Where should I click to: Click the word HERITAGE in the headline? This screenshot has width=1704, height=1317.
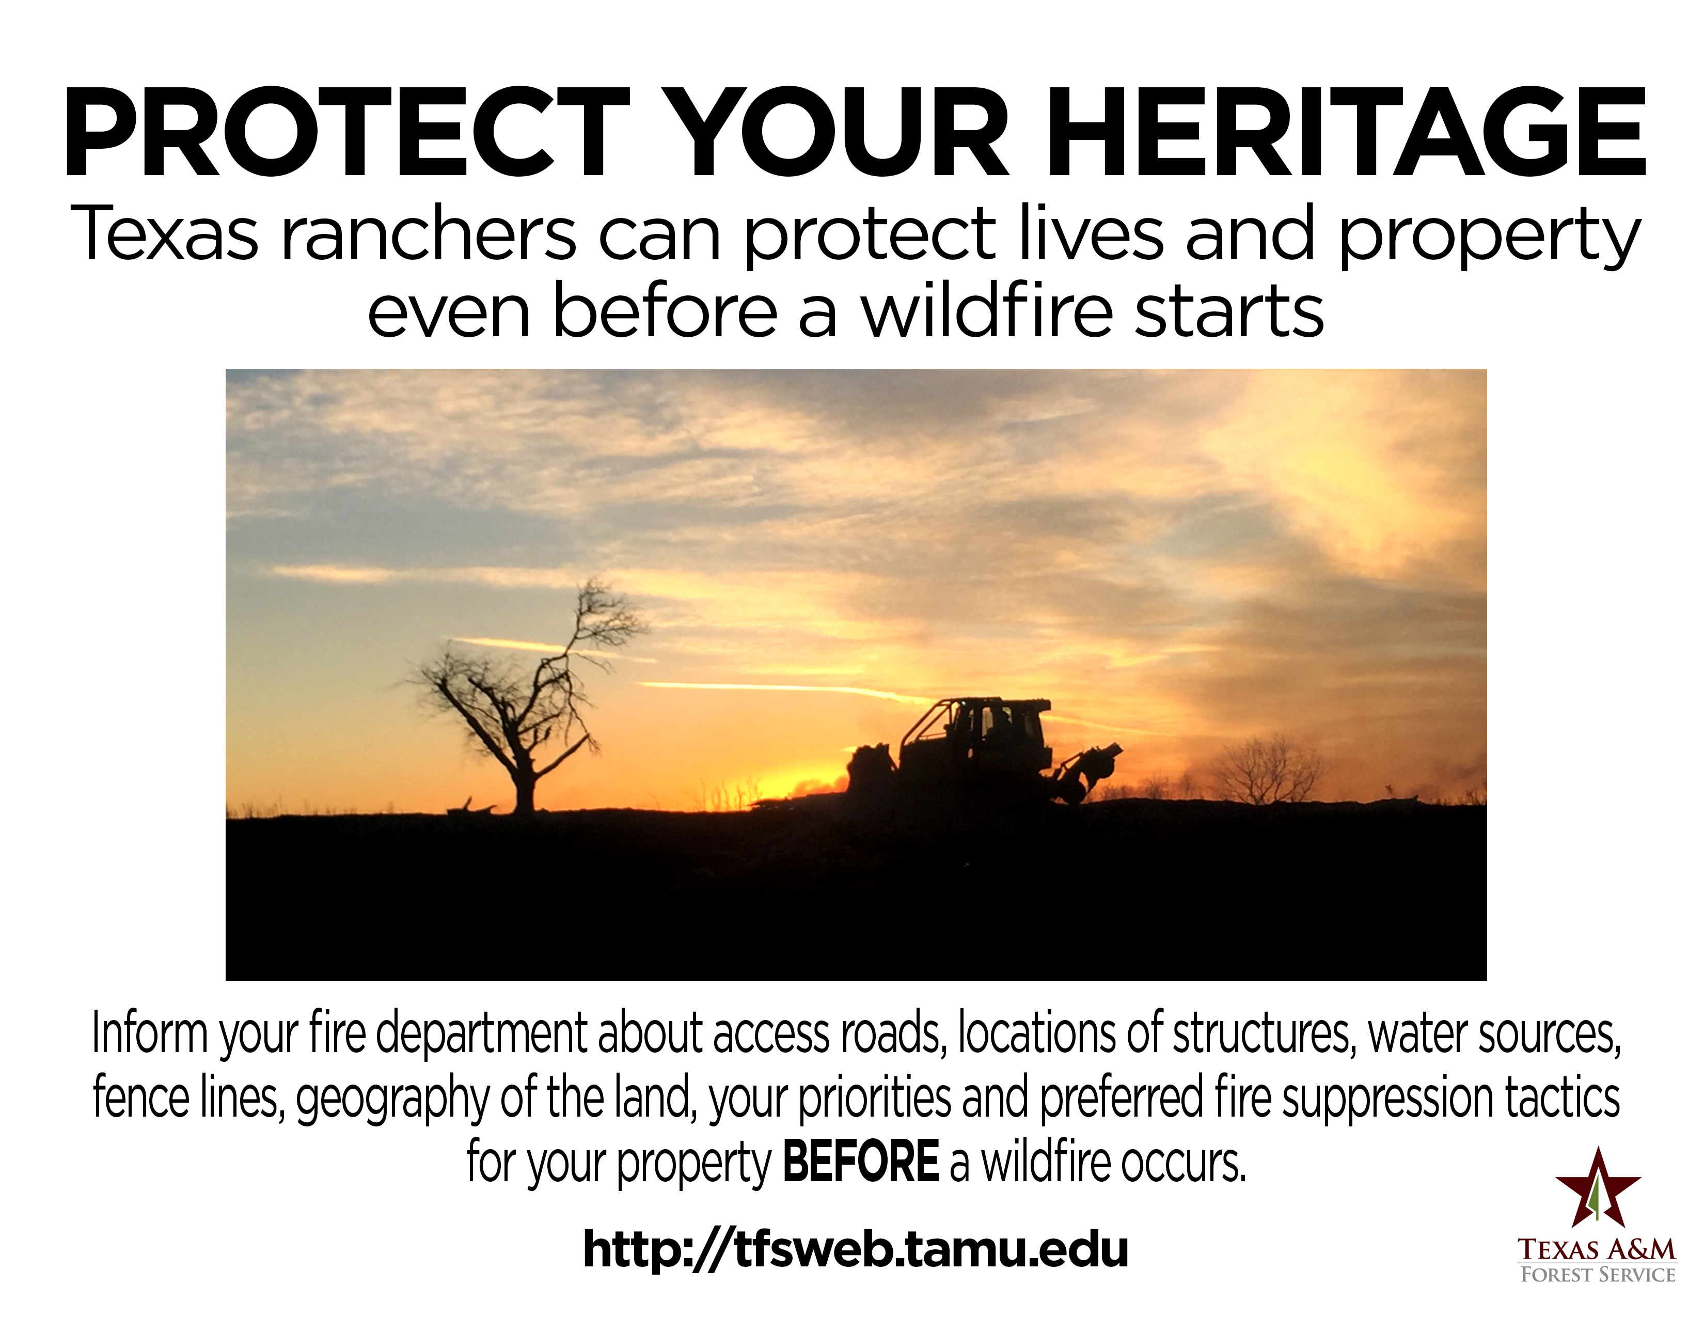(1347, 133)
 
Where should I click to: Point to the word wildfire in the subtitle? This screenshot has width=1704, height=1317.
(987, 310)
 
